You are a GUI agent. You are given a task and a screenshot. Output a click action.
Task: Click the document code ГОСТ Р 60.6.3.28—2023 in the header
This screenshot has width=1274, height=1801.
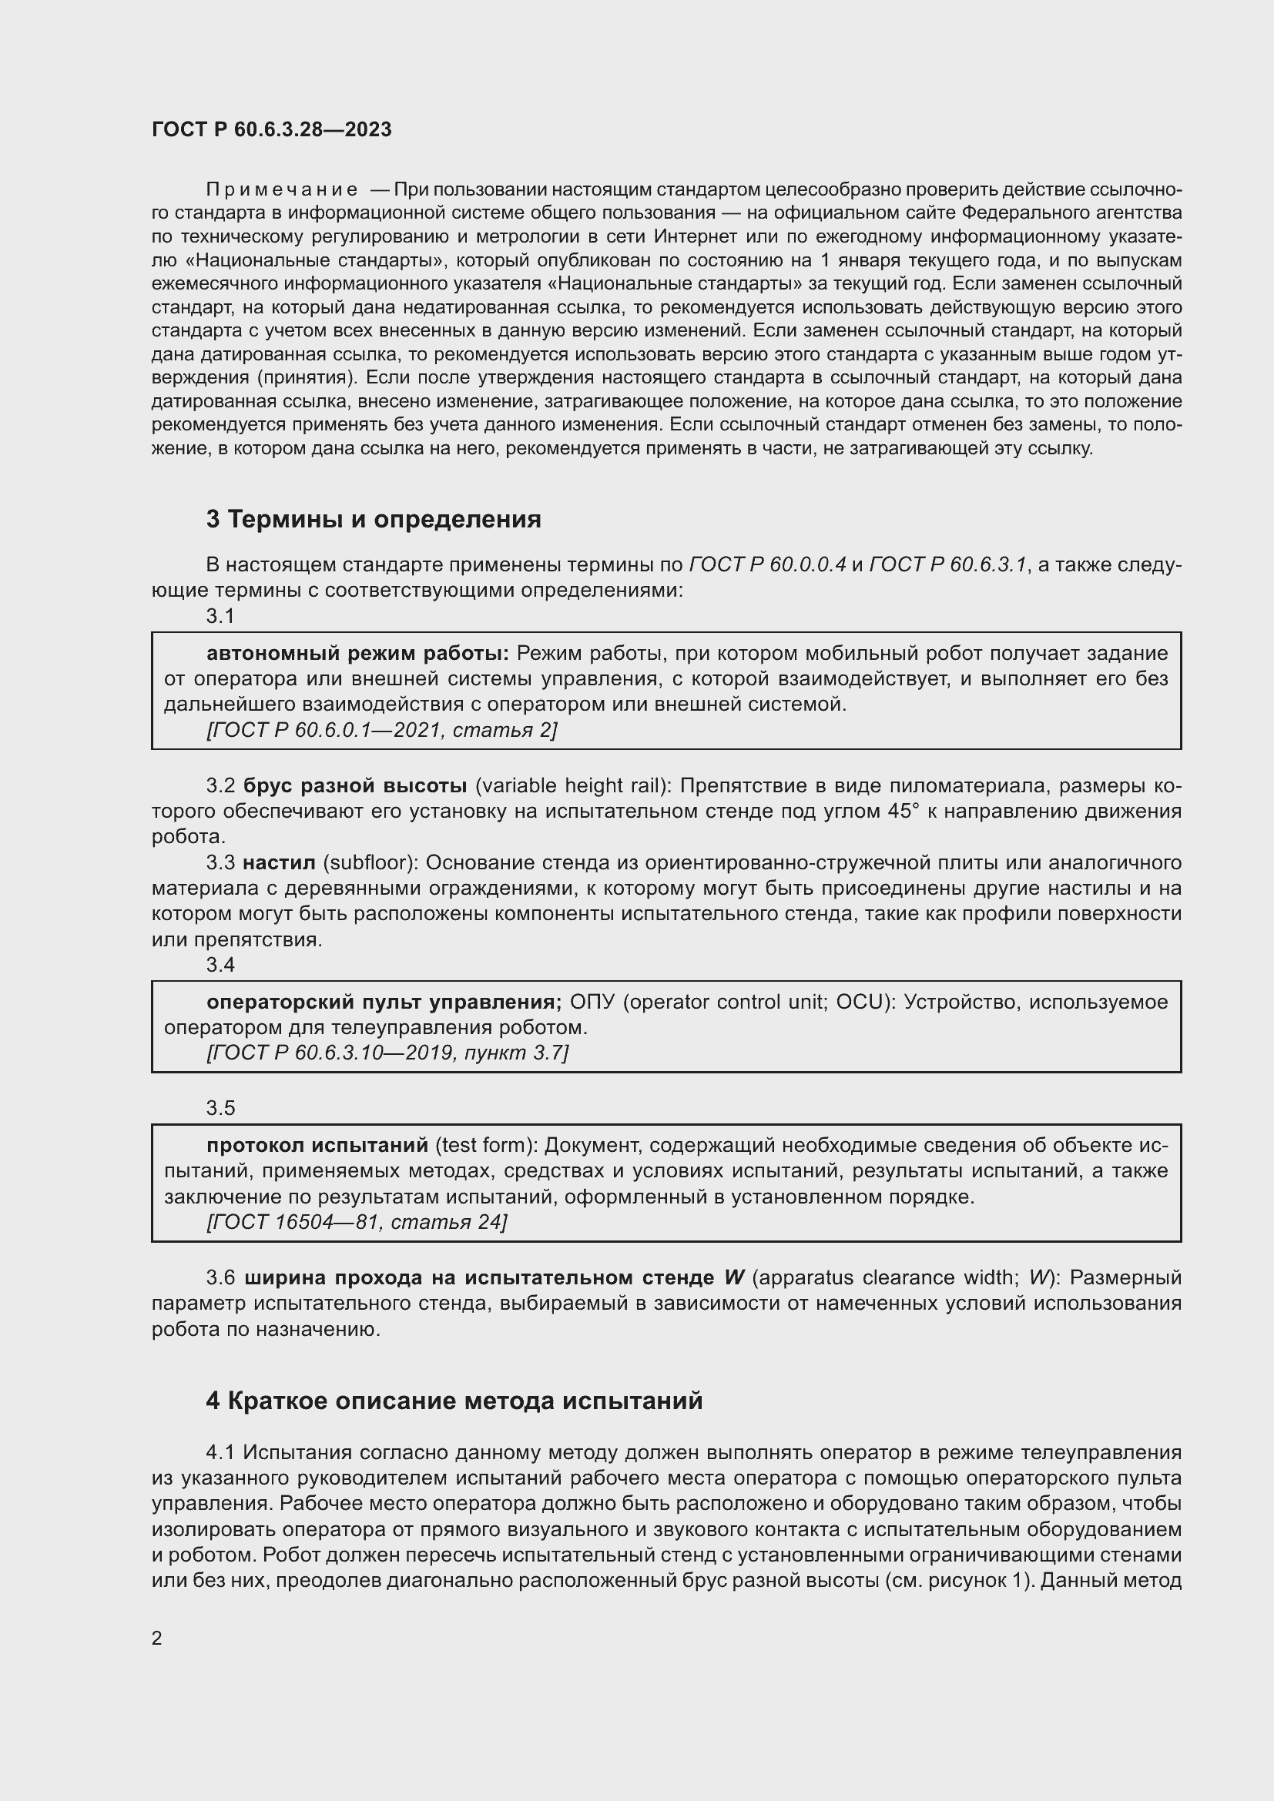pos(271,129)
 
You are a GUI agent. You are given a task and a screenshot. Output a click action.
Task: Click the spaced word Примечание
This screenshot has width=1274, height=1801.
pos(282,190)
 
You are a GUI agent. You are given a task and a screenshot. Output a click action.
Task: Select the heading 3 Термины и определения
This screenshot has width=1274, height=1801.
pos(374,519)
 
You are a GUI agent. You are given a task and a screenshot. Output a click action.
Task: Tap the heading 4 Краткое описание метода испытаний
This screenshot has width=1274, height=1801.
pos(454,1401)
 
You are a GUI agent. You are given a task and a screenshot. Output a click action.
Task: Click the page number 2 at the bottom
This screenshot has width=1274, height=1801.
pos(157,1638)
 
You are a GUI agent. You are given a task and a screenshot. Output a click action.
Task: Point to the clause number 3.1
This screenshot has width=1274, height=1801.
pos(220,617)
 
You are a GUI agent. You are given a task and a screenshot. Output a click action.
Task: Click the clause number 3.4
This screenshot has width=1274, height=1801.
pos(220,965)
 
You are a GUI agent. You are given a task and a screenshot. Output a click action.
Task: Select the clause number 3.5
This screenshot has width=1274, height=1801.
pos(220,1107)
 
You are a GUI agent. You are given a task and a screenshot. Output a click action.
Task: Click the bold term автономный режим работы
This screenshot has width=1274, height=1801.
pos(357,654)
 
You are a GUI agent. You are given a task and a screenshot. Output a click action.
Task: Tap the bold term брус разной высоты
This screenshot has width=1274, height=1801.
pos(355,786)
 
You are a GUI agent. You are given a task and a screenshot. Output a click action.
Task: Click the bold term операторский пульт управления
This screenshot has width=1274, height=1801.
pos(384,1002)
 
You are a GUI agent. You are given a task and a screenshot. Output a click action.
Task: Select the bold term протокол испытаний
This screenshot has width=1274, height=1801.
pos(317,1145)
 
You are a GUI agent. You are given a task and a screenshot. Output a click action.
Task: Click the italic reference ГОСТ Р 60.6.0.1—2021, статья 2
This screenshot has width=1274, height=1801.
pos(381,730)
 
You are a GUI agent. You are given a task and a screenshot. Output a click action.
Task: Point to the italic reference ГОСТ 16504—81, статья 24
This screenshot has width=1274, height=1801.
pos(357,1222)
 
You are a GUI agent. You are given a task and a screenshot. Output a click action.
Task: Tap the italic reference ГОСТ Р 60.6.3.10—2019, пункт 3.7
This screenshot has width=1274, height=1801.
pos(387,1053)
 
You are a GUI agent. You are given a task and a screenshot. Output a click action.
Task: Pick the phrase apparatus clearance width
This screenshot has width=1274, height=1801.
pos(886,1278)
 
